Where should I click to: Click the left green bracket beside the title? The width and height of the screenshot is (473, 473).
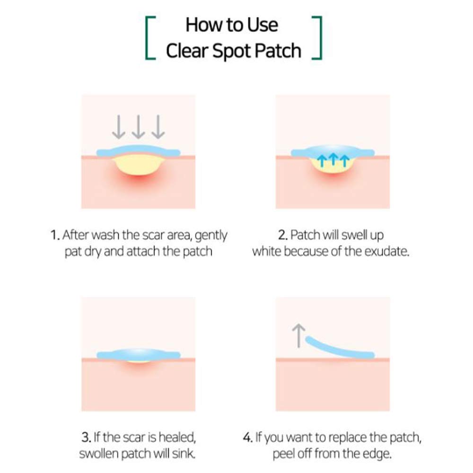click(146, 38)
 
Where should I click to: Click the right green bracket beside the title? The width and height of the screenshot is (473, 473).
click(321, 38)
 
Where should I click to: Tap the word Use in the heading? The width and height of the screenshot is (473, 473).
click(263, 25)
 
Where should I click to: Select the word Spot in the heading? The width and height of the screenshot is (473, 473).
click(232, 51)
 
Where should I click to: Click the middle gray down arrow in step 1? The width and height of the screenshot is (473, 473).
click(138, 127)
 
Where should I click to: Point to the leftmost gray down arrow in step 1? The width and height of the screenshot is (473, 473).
click(119, 127)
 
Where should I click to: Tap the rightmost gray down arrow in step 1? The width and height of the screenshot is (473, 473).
click(158, 127)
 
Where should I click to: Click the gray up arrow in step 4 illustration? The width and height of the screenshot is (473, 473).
click(298, 336)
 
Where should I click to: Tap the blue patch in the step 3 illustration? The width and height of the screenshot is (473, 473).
click(139, 354)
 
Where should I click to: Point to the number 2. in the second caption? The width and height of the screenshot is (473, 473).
click(283, 235)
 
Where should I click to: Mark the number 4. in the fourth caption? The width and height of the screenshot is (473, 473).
click(248, 437)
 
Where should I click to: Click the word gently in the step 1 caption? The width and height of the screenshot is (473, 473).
click(211, 236)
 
